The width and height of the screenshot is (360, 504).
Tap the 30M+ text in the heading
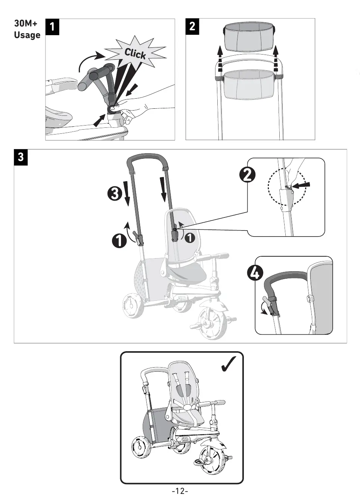click(x=26, y=23)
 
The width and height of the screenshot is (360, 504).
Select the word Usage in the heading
click(x=27, y=35)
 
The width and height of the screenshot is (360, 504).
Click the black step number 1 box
click(x=52, y=27)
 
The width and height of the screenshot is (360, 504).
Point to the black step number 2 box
click(x=192, y=27)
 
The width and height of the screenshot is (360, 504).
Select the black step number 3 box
click(x=21, y=157)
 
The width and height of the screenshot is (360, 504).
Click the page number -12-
click(x=180, y=491)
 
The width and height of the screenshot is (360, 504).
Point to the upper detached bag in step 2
click(x=250, y=38)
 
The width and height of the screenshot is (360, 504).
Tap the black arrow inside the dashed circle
click(x=301, y=185)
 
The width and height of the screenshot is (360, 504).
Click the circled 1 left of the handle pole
click(x=119, y=240)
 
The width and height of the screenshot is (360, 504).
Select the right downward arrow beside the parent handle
click(x=163, y=189)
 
